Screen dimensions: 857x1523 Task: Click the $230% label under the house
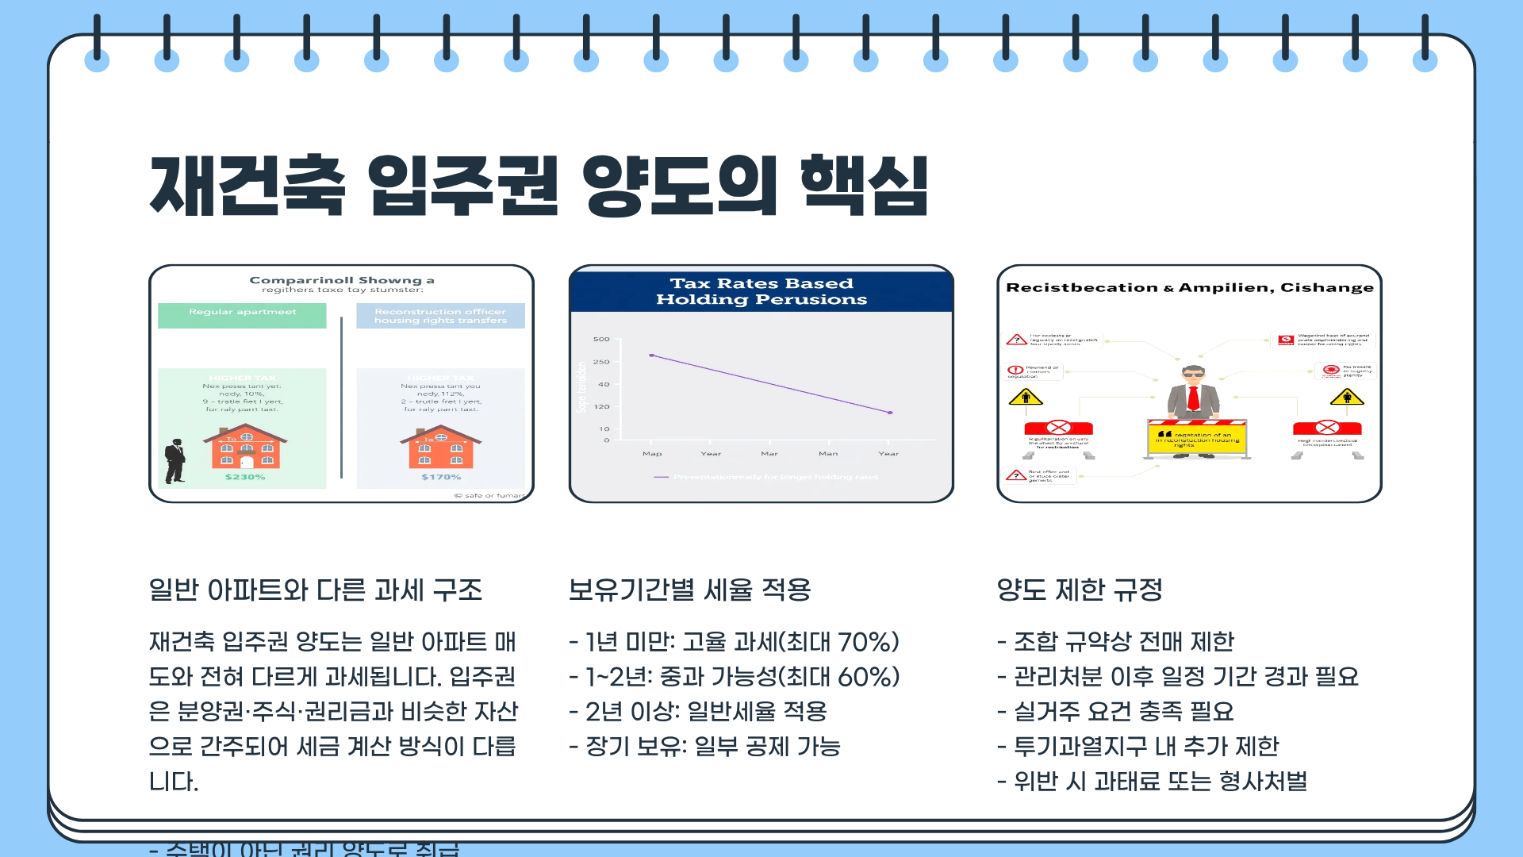(245, 477)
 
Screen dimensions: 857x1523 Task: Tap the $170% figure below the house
(441, 477)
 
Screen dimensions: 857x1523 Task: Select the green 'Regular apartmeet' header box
(242, 314)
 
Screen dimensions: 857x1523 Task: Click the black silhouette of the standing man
(175, 461)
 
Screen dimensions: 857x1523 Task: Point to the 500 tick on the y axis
(602, 340)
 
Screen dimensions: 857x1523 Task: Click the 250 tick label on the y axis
(602, 362)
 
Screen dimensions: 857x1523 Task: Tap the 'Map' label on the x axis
(652, 454)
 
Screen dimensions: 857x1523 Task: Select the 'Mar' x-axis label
(769, 454)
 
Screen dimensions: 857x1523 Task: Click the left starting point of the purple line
(651, 355)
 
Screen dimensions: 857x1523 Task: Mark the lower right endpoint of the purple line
(890, 413)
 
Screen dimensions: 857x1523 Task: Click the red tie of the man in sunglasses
(1193, 398)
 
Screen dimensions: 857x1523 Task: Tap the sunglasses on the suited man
(1193, 374)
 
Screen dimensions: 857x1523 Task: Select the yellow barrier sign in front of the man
(1197, 439)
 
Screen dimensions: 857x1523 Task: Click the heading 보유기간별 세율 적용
(690, 590)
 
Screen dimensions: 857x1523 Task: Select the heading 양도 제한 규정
(1080, 590)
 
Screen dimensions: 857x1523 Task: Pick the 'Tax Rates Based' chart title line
(761, 283)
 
